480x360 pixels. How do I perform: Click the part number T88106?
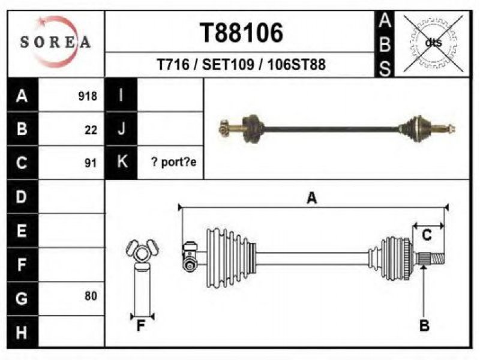tap(241, 33)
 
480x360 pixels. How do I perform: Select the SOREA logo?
tap(55, 42)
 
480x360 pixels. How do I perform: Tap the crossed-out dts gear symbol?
tap(433, 43)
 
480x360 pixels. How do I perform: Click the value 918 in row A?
tap(88, 96)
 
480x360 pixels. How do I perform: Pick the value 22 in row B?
tap(91, 130)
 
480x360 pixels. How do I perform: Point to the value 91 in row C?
tap(91, 163)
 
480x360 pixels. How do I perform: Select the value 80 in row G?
tap(91, 296)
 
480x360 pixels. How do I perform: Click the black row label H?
tap(22, 332)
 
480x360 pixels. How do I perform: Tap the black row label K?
tap(121, 162)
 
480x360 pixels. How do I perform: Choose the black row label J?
tap(121, 128)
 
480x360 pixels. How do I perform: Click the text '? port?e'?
tap(174, 162)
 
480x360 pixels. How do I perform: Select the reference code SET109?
tap(228, 65)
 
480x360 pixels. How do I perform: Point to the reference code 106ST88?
tap(296, 65)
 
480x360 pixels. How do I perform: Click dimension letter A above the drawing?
tap(311, 198)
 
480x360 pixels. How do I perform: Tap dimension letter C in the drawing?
tap(427, 235)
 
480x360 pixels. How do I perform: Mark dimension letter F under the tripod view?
tap(140, 326)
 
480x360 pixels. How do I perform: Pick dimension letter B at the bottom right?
tap(424, 325)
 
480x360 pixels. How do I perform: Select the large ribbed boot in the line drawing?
tap(231, 258)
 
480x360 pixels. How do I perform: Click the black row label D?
tap(22, 197)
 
